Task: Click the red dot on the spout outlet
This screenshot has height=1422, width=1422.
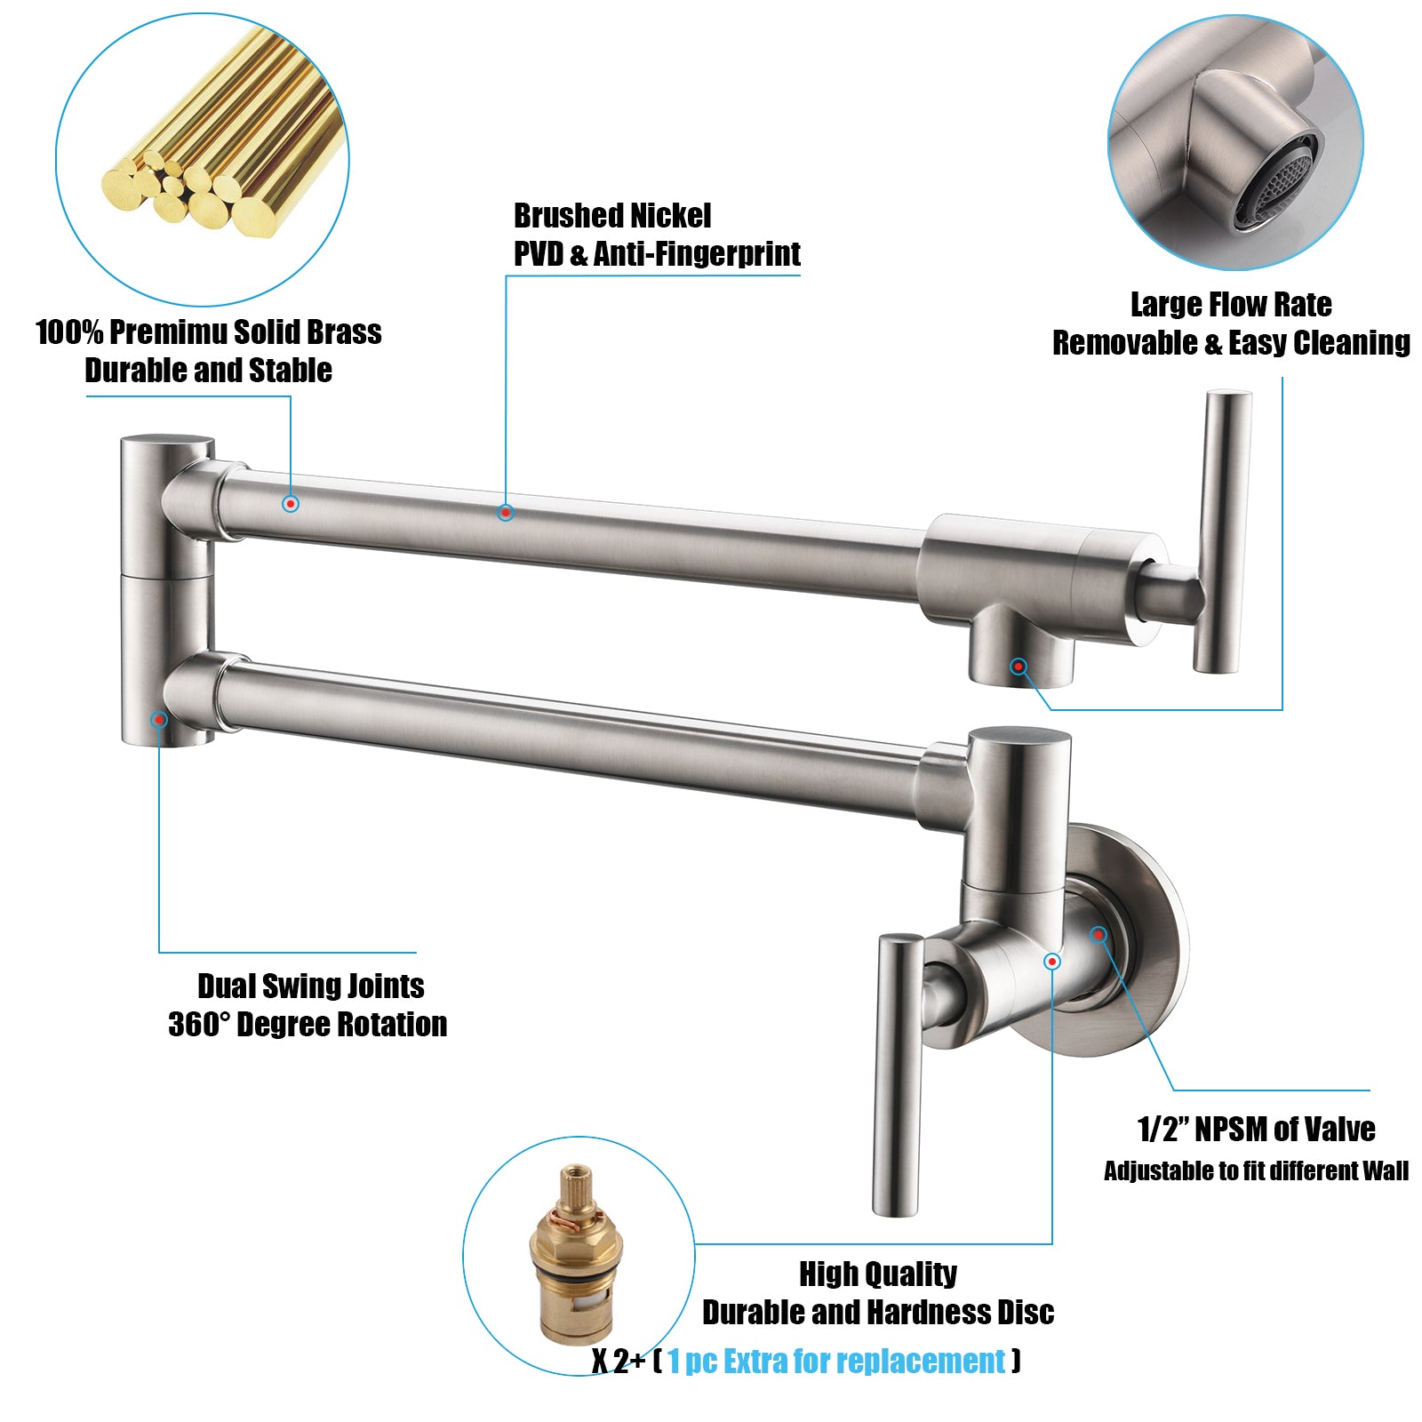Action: tap(1019, 667)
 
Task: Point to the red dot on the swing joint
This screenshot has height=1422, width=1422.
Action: tap(159, 719)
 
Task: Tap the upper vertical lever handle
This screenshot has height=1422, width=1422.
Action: tap(1223, 531)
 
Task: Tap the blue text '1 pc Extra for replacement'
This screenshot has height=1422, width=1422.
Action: tap(836, 1361)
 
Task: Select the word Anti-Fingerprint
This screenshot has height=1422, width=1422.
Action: tap(697, 254)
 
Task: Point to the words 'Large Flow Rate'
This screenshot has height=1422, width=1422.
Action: tap(1231, 305)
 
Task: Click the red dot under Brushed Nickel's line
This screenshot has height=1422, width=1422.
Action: tap(505, 512)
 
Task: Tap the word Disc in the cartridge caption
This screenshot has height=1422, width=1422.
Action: tap(1023, 1312)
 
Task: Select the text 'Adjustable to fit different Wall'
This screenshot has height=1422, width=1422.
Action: tap(1256, 1170)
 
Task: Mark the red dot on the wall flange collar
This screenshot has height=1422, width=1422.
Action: tap(1098, 934)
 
